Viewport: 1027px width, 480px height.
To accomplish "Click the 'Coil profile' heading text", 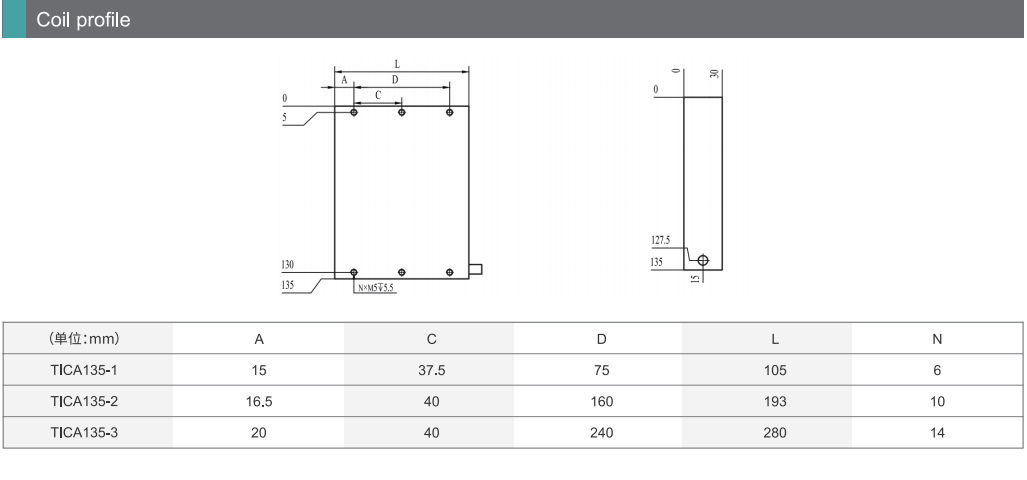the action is pos(83,20).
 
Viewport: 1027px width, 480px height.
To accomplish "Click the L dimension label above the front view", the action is pos(397,64).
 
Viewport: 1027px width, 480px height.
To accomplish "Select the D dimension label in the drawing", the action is pos(394,80).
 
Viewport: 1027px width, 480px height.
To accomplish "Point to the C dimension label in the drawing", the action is pos(378,96).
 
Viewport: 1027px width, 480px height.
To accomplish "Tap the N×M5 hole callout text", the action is pos(377,287).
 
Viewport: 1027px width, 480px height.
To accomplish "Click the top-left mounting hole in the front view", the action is pos(354,112).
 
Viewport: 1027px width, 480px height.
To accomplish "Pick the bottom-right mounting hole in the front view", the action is pos(449,272).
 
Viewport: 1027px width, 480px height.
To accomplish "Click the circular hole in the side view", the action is pos(703,260).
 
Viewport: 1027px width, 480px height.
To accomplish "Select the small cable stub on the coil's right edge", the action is pos(476,268).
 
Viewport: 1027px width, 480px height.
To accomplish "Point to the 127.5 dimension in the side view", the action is pos(661,240).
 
